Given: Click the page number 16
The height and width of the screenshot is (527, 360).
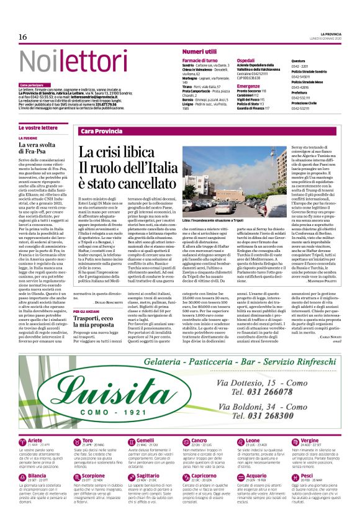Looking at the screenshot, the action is (x=23, y=37).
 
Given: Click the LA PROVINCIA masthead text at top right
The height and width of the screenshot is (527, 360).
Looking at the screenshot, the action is (x=332, y=34).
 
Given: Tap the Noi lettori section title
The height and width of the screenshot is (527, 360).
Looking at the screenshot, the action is (x=63, y=61).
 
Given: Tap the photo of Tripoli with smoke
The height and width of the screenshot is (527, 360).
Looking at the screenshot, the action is (x=242, y=180).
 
